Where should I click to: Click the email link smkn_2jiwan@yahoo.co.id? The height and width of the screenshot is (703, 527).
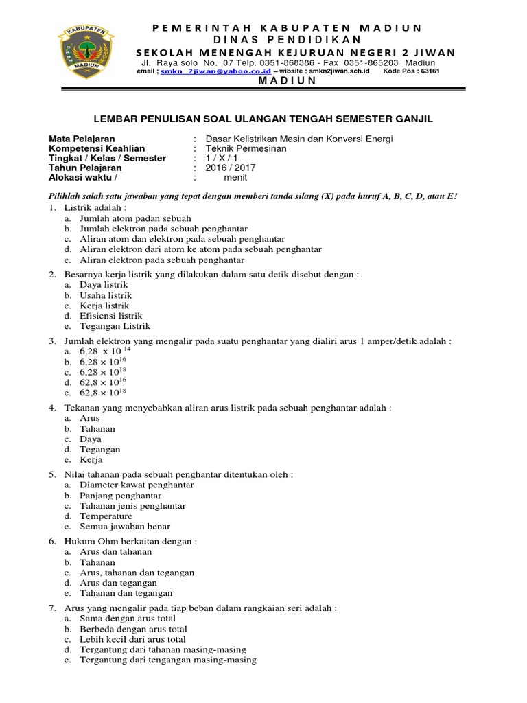click(x=204, y=71)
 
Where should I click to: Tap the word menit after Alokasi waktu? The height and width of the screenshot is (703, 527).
click(x=237, y=177)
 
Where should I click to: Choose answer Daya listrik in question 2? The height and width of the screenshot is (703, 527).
click(x=104, y=284)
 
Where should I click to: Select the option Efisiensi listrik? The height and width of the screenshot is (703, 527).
click(x=110, y=316)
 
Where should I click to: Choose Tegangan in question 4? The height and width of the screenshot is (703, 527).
click(x=100, y=450)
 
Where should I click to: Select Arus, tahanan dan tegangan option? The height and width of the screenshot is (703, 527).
click(x=137, y=573)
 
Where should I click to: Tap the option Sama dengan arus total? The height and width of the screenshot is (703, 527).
click(x=128, y=619)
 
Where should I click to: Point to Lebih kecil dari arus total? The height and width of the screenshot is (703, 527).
click(x=133, y=639)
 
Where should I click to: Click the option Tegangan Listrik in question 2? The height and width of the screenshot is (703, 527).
click(x=115, y=326)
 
